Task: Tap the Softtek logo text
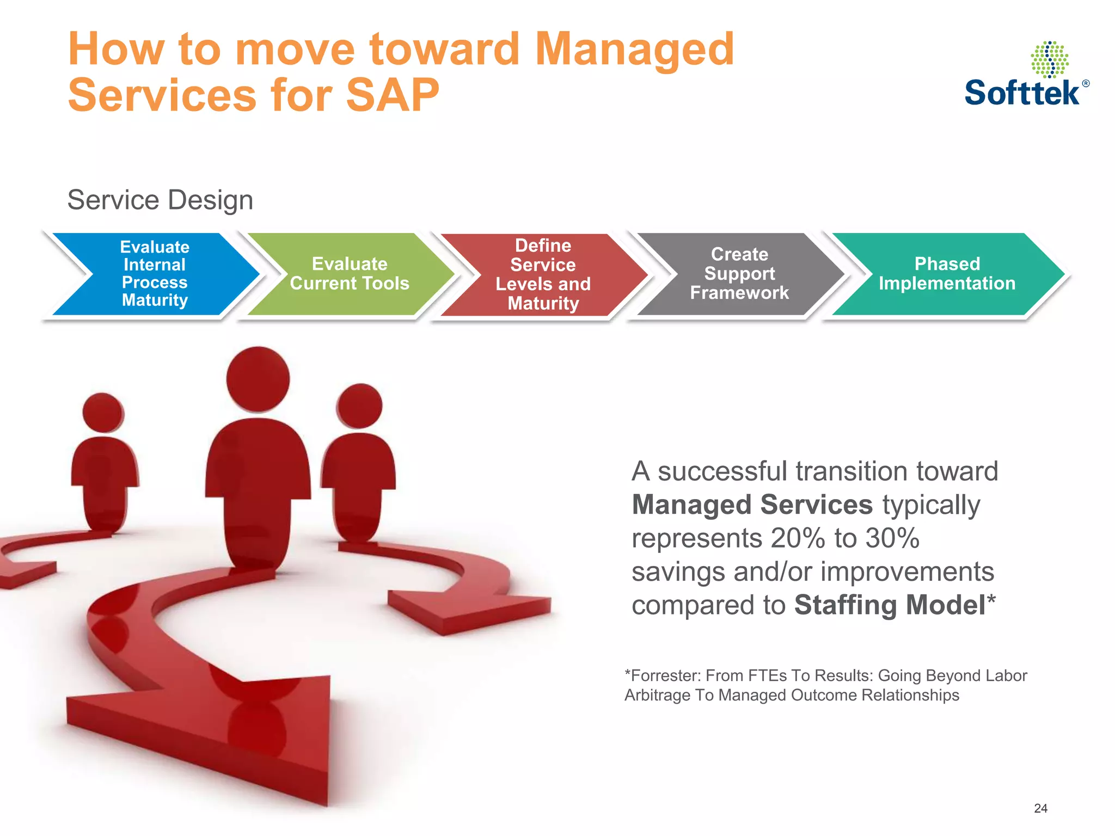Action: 1022,93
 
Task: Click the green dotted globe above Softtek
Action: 1049,59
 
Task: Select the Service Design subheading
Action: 160,200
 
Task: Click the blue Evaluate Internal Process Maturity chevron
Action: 155,274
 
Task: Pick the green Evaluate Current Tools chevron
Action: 350,274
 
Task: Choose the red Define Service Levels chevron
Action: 543,274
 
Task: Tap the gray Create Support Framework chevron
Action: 739,274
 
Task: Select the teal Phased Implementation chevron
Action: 947,274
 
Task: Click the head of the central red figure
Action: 258,379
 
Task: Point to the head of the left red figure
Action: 103,413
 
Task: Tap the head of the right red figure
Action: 359,406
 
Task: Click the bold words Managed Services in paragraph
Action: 752,505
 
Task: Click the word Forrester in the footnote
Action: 665,675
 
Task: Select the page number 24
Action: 1040,808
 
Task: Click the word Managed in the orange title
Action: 634,48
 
